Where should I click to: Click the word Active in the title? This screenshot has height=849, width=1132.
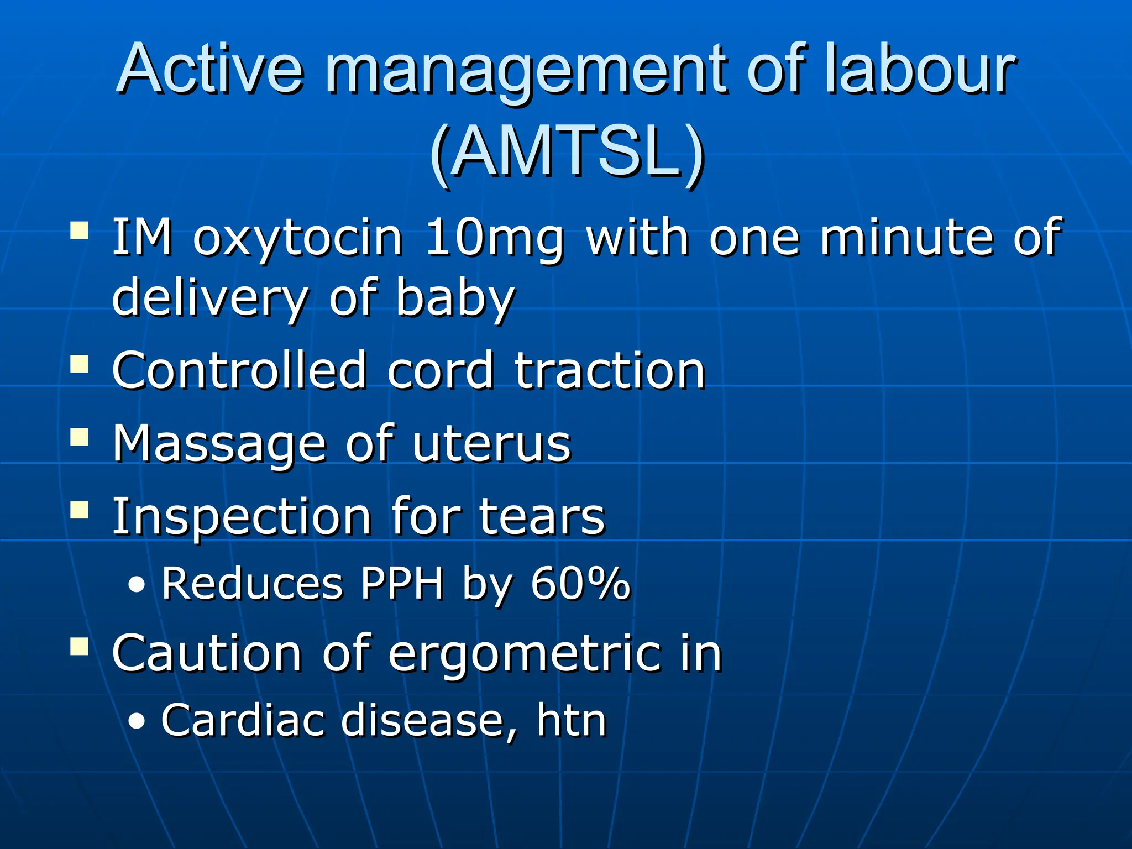(211, 69)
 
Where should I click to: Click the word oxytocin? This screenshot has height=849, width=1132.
(298, 239)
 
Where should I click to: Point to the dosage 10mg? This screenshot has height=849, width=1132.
(495, 239)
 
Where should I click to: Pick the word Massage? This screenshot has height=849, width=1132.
(219, 445)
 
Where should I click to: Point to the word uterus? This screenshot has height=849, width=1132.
(491, 445)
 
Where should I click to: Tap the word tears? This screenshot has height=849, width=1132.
(542, 517)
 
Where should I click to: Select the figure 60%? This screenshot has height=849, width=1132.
(580, 584)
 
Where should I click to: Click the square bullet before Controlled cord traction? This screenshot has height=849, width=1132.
(80, 365)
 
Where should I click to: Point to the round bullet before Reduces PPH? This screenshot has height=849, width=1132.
(137, 585)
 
